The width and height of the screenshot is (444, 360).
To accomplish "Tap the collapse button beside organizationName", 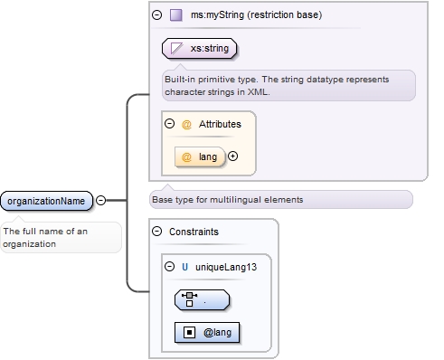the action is coord(100,200).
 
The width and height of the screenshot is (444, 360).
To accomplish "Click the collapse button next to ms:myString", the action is coord(156,15).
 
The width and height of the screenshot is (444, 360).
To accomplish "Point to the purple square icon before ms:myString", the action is coord(175,15).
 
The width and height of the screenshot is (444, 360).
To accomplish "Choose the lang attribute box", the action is coord(199,156).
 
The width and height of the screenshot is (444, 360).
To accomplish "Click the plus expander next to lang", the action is coord(232,156).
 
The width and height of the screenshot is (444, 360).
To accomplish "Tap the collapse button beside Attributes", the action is coord(169,123).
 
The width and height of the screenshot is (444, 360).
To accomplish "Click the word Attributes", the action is coord(218,123).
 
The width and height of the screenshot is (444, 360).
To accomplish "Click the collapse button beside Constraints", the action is coord(156,232).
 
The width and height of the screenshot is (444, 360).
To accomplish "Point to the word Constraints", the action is coord(194,232).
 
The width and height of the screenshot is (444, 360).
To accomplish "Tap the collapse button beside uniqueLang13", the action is coord(169,267).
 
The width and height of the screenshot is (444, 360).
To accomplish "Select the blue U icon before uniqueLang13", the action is coord(185,267).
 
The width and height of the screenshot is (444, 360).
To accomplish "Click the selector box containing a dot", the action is coord(202,299).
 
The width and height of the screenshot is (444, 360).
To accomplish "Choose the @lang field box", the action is coord(207,333).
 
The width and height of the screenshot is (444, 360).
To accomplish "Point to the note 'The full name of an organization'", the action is coord(60,237).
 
